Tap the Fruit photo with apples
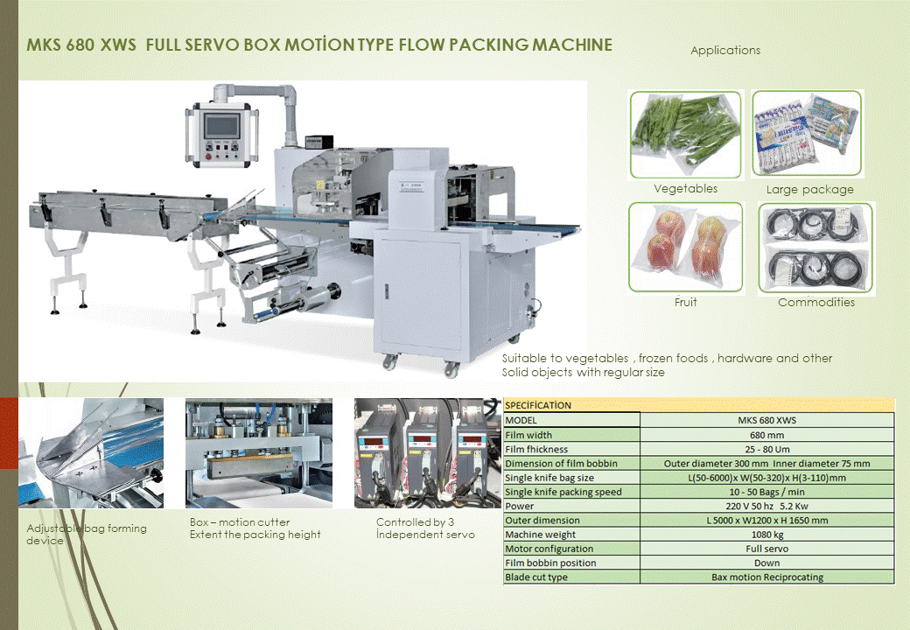click(685, 247)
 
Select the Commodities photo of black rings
click(815, 248)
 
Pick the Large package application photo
click(807, 133)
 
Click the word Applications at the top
click(725, 50)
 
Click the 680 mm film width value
click(766, 434)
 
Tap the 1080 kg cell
click(766, 535)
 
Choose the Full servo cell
click(766, 549)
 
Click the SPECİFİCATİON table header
click(538, 405)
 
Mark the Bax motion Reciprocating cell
click(766, 577)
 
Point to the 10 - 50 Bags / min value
click(766, 492)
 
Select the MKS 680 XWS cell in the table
click(766, 420)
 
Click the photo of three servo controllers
click(427, 453)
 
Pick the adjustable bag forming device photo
click(91, 453)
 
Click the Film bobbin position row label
click(550, 563)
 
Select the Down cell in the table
click(766, 563)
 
